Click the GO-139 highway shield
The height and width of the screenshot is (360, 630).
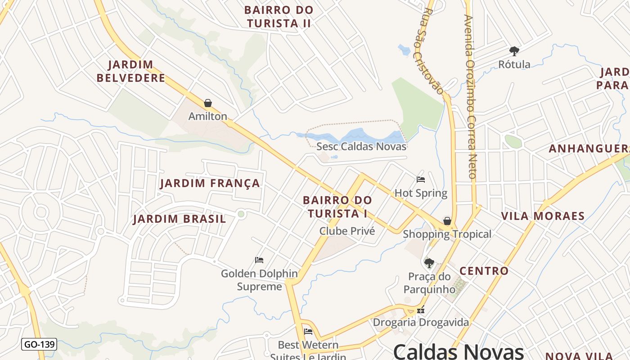click(39, 345)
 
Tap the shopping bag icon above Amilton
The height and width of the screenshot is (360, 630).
click(208, 103)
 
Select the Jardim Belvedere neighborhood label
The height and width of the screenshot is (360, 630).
click(131, 71)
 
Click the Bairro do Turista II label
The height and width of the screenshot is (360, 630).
click(279, 17)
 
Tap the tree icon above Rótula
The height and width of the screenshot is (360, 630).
click(514, 51)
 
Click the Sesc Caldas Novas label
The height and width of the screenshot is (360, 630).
click(361, 146)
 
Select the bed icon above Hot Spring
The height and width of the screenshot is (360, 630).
click(421, 180)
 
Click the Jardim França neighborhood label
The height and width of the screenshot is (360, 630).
click(210, 183)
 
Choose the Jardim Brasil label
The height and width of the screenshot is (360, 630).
click(179, 219)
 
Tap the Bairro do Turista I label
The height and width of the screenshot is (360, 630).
click(337, 207)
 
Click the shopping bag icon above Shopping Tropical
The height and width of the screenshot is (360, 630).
click(447, 220)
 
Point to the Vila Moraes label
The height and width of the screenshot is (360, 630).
click(543, 216)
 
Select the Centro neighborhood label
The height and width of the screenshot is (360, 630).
click(484, 271)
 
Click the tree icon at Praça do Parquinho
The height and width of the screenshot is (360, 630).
click(429, 263)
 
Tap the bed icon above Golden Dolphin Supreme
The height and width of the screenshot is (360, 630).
click(259, 260)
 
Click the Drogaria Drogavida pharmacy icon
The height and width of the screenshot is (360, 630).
click(421, 310)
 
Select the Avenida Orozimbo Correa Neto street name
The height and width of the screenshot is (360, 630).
click(471, 97)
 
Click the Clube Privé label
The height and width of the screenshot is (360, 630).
click(347, 231)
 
